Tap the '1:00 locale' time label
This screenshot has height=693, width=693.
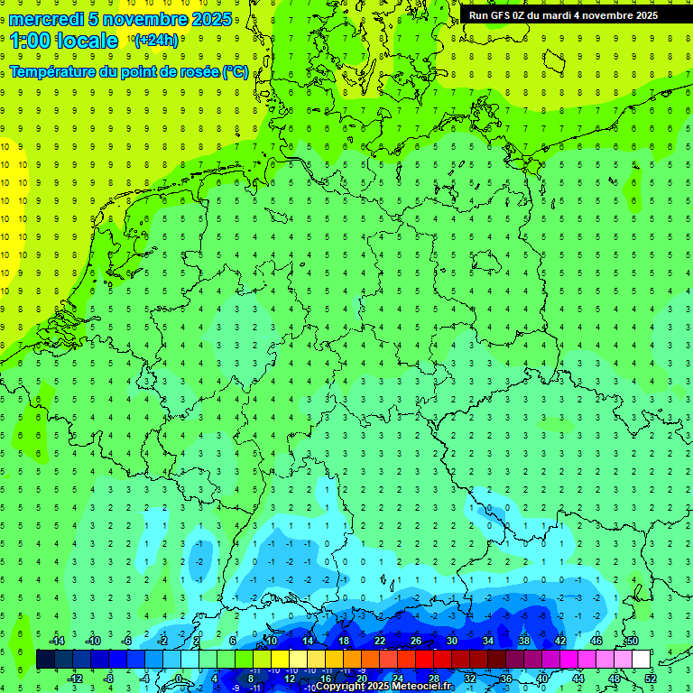tap(64, 41)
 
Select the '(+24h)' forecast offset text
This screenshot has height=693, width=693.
tap(156, 40)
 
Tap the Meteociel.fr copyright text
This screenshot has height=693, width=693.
tap(383, 687)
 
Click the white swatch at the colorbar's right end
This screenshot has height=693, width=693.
tap(642, 660)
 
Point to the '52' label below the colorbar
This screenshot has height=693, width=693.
tap(651, 679)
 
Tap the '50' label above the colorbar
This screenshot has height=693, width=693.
tap(632, 641)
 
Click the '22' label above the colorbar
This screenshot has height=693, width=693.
tap(379, 641)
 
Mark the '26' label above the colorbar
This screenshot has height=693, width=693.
tap(415, 641)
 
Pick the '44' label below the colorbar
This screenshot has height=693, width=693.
tap(578, 679)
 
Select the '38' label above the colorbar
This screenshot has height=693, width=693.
tap(523, 641)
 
